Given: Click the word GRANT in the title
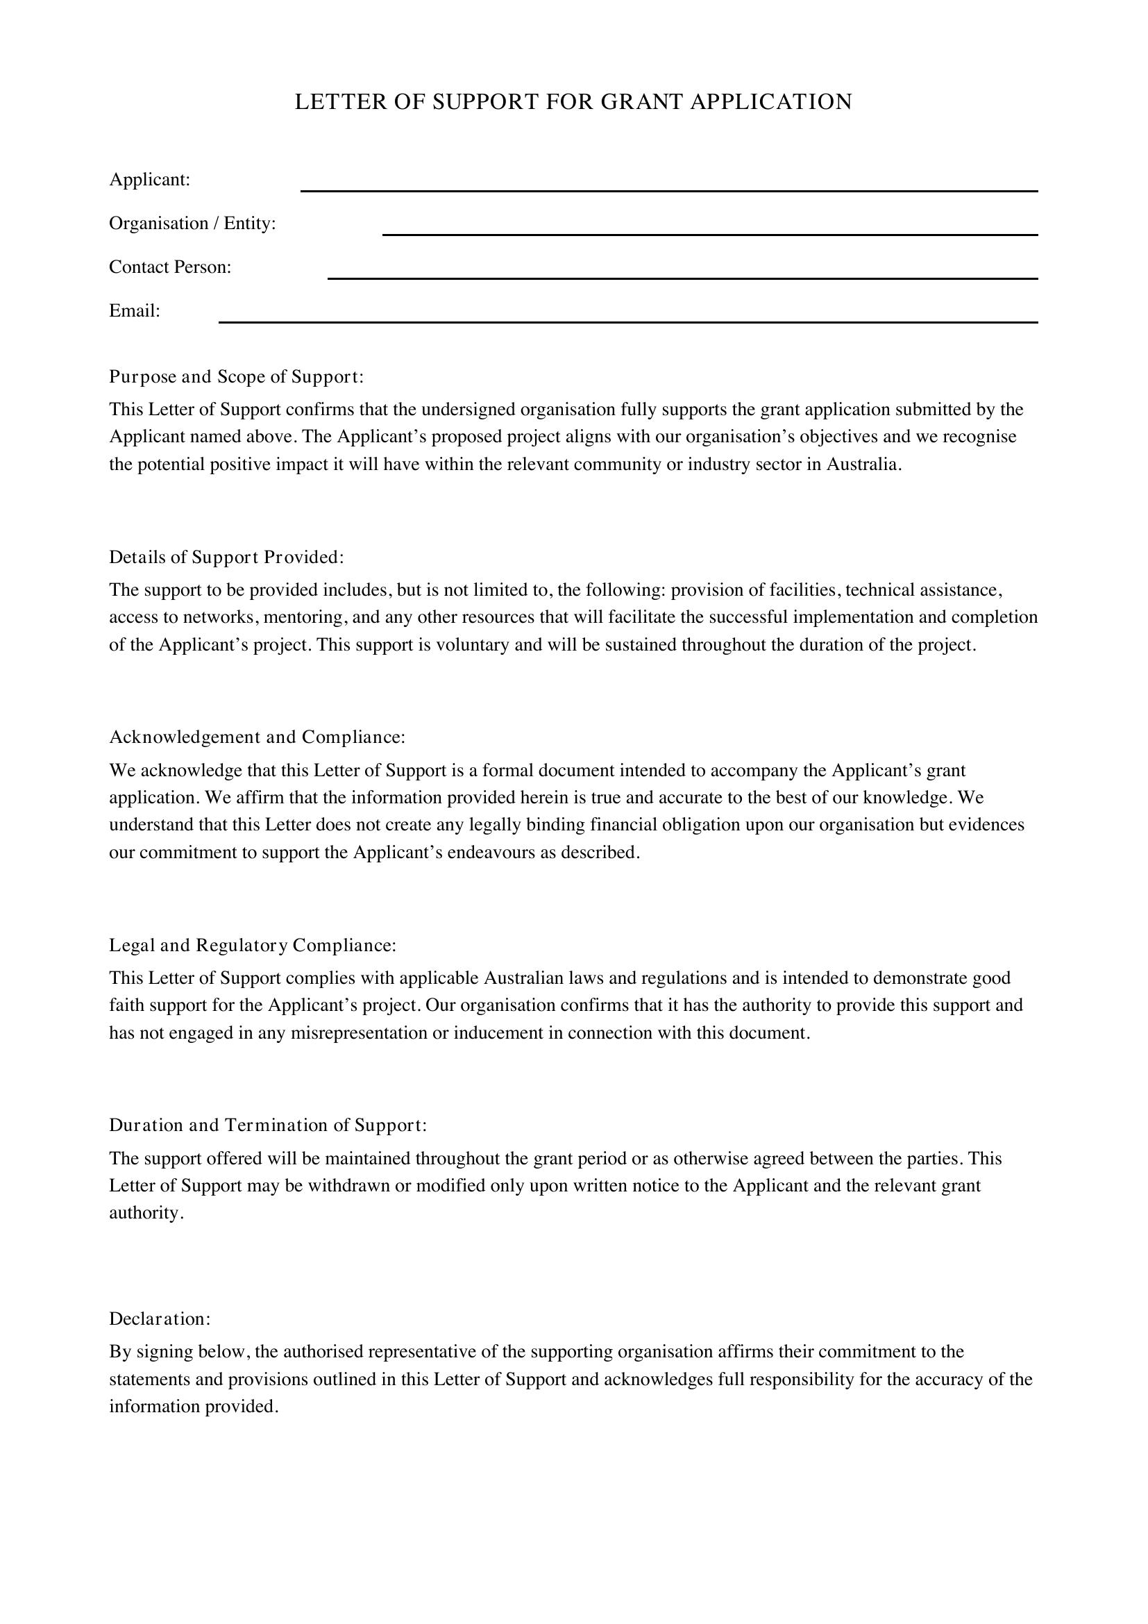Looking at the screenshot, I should pos(642,102).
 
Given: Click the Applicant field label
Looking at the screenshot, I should pos(150,180).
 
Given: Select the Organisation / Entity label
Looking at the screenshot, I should pos(192,224).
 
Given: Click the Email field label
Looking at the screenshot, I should pos(135,311).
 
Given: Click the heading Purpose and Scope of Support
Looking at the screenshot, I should pos(236,377).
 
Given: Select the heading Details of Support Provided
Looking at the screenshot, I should pos(226,558).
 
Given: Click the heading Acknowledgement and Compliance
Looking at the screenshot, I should pos(258,737).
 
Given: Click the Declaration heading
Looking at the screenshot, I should pos(160,1319).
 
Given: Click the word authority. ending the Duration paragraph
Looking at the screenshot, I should pos(146,1213).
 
